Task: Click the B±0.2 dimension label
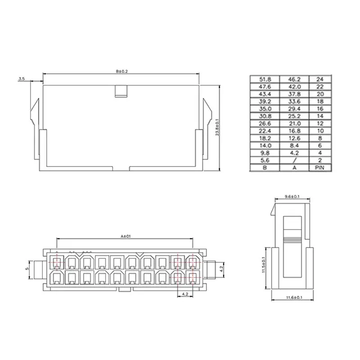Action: [121, 72]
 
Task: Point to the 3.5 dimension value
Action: [21, 79]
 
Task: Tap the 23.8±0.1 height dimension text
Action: [217, 128]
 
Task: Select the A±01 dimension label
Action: [126, 236]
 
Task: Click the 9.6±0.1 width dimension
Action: [292, 197]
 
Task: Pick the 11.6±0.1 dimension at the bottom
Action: [294, 297]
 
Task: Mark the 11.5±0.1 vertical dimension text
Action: [264, 265]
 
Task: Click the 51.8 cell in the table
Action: [265, 80]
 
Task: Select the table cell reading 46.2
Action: [294, 80]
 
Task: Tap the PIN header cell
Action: [319, 167]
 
